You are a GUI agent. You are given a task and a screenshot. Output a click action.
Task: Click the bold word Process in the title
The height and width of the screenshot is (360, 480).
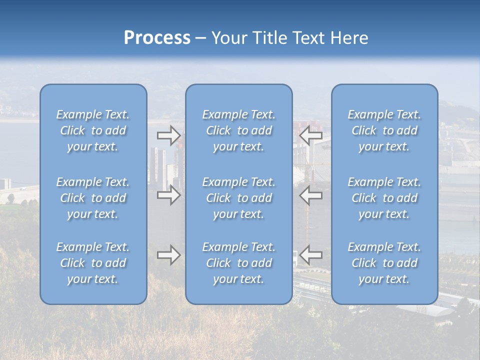[157, 38]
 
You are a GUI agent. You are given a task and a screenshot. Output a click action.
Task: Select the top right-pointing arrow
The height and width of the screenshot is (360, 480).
[168, 135]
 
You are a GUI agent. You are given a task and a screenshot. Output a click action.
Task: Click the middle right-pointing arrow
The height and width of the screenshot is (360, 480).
[168, 195]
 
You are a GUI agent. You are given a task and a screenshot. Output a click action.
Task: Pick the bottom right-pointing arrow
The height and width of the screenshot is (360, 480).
[168, 255]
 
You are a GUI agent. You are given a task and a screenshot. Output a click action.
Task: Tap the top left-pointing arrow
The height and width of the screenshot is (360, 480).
[311, 135]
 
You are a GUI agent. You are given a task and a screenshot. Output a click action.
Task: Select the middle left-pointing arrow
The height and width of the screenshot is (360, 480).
[311, 195]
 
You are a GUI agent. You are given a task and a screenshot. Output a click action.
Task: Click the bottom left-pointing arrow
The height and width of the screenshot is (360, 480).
[311, 255]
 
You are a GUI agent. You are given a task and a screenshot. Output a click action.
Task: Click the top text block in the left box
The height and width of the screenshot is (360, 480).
[93, 130]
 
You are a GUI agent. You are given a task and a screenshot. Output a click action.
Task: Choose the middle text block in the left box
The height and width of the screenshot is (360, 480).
[93, 198]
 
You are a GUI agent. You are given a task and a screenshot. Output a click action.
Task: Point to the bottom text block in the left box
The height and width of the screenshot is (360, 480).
[93, 263]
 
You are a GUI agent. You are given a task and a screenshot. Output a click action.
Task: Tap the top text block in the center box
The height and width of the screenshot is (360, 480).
[239, 130]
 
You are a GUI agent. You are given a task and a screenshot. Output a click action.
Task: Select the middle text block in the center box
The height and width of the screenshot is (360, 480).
[239, 198]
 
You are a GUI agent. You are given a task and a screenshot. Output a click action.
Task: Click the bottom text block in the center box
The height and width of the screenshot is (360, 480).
[239, 263]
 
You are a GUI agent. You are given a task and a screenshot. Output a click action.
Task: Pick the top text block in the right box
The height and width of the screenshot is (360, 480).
[384, 130]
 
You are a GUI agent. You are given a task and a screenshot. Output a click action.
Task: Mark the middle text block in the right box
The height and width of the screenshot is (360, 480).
[384, 198]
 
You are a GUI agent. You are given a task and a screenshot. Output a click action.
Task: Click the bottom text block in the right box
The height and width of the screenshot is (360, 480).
[384, 263]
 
